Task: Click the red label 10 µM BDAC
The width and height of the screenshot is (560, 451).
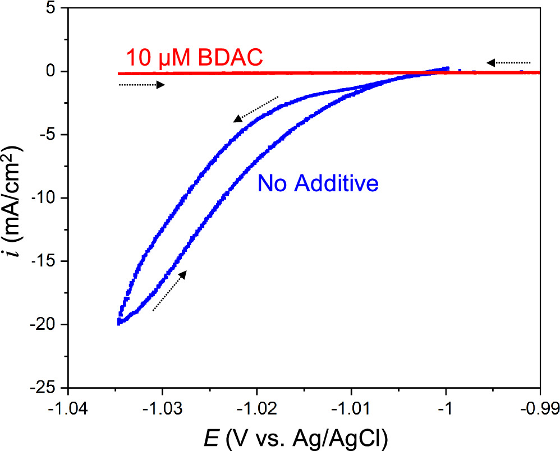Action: coord(194,58)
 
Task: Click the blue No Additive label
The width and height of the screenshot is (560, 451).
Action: coord(318,183)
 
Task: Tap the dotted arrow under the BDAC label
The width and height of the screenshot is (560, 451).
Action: coord(142,85)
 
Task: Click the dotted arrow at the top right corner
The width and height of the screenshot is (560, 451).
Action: coord(508,62)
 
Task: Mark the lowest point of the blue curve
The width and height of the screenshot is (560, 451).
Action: coord(119,323)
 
